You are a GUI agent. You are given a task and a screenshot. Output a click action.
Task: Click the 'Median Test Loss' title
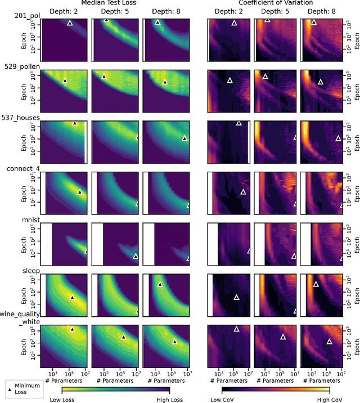tap(115, 3)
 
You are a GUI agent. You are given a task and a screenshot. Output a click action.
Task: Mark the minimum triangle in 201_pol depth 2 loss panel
tap(70, 23)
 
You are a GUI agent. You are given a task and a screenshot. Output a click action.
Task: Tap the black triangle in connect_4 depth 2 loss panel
tap(79, 192)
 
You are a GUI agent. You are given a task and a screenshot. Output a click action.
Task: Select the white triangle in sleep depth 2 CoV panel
tap(236, 297)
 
